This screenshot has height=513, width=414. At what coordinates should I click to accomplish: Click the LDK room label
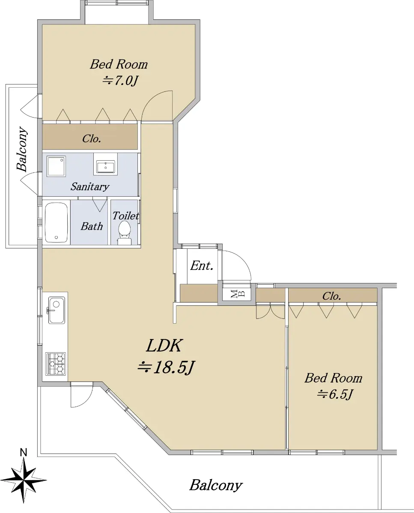tap(164, 346)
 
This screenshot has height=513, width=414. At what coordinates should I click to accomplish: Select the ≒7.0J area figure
tap(120, 81)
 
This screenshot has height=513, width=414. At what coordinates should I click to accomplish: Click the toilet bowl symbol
tap(125, 233)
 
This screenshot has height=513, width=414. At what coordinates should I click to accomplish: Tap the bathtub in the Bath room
tap(57, 223)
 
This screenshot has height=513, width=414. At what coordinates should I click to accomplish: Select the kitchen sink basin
tap(57, 310)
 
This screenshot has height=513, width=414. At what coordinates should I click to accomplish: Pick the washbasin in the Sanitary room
tap(105, 167)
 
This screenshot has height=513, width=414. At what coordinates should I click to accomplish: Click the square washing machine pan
tap(56, 166)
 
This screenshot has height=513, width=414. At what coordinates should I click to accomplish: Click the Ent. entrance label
tap(202, 265)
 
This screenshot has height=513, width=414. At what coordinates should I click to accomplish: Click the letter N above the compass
tap(24, 452)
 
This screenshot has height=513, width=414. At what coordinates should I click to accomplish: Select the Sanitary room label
tap(90, 186)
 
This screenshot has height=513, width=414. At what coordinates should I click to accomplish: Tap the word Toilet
tap(125, 216)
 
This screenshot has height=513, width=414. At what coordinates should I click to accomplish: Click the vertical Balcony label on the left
tap(22, 149)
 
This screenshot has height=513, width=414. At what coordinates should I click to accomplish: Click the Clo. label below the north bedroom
tap(92, 139)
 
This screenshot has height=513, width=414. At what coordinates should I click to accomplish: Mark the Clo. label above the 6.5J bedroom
tap(331, 296)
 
